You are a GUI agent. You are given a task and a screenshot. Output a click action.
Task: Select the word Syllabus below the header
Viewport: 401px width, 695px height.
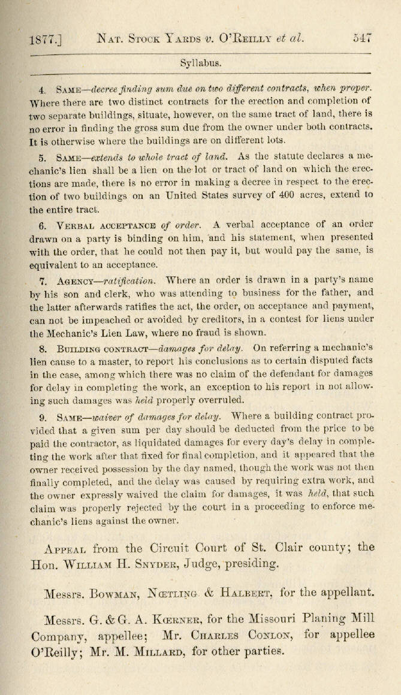tap(201, 62)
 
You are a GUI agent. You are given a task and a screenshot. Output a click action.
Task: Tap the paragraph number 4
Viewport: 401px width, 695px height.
tap(42, 90)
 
